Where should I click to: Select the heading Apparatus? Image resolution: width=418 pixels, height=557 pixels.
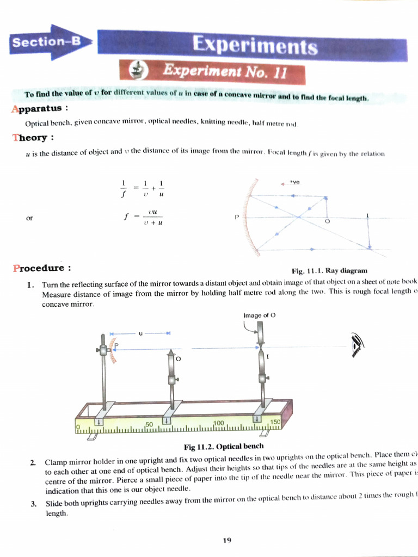coord(39,108)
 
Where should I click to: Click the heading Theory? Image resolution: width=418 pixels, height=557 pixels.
coord(33,137)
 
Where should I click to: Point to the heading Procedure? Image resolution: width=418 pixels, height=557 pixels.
coord(42,268)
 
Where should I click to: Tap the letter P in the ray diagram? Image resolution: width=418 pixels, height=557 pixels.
coord(237,216)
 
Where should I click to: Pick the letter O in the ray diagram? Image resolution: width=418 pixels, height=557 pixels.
coord(327,222)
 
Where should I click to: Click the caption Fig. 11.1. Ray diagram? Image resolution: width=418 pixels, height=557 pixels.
coord(329,270)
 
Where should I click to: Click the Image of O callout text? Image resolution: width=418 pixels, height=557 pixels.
coord(260,315)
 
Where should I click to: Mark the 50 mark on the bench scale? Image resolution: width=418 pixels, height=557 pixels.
coord(149,423)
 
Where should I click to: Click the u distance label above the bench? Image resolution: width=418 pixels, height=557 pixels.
coord(140,333)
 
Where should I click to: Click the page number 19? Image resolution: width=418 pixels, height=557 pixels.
coord(227,540)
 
